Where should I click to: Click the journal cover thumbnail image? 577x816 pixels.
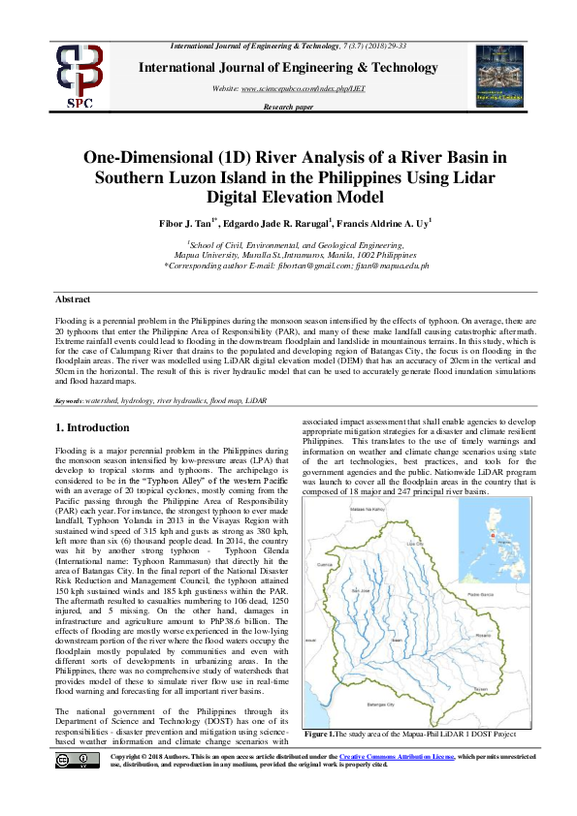501,76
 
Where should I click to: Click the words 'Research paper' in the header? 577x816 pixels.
288,107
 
